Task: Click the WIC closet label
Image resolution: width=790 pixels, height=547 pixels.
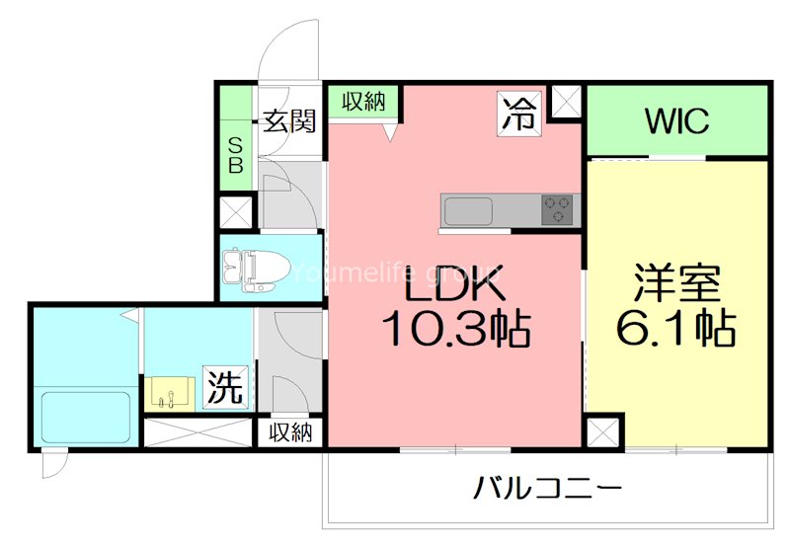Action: pos(676,120)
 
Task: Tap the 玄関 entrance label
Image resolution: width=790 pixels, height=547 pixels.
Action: pos(289,120)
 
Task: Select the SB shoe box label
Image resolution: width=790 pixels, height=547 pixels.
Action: pos(236,156)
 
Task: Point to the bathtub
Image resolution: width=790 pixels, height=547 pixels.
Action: pos(86,418)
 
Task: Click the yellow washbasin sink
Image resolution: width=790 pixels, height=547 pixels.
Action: pos(170,394)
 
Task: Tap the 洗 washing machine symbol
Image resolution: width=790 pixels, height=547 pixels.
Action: pos(226,387)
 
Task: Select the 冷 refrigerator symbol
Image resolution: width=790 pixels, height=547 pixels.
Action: pos(519,114)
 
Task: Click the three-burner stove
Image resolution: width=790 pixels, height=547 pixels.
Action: pos(557,209)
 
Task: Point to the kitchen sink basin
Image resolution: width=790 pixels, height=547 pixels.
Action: pos(467,211)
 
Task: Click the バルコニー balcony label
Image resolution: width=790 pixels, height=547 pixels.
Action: pos(548,488)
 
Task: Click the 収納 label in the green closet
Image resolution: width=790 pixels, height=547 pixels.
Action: pos(363,102)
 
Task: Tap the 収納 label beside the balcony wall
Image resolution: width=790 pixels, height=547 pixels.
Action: pos(290,432)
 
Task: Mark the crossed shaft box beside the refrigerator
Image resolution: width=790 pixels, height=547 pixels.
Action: pos(567,102)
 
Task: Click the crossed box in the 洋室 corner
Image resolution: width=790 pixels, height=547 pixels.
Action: pos(603,432)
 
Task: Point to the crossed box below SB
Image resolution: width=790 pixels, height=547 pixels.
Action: pos(236,212)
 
